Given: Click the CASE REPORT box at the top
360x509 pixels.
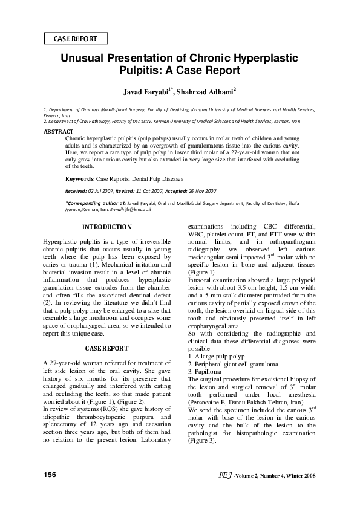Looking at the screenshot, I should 76,39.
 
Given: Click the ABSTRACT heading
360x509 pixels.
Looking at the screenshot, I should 58,131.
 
